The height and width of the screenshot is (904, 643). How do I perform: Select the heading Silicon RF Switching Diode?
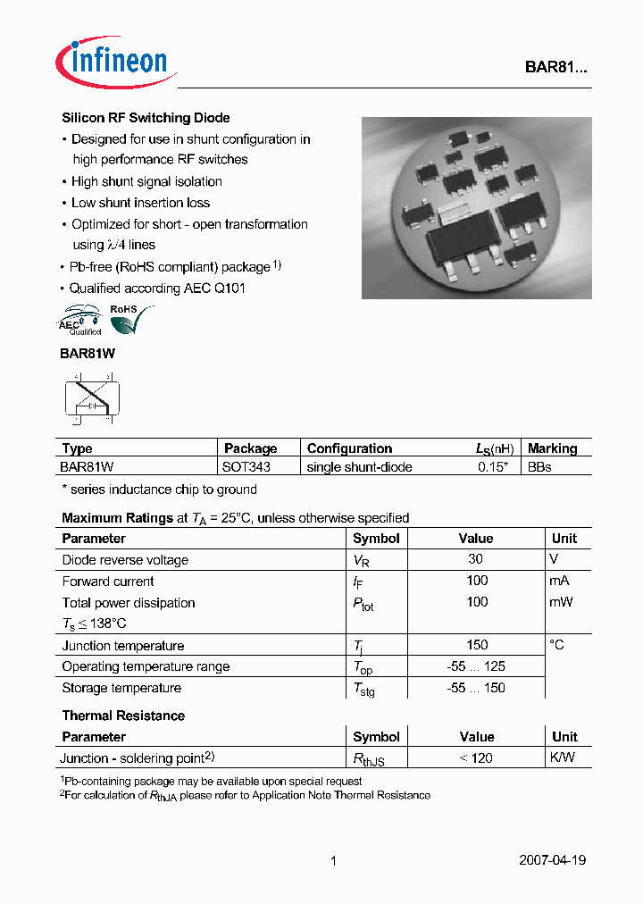coord(146,118)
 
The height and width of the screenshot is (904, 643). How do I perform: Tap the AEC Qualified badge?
coord(80,321)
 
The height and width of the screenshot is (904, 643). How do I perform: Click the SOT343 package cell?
coord(246,467)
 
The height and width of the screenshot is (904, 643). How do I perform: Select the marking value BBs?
coord(539,467)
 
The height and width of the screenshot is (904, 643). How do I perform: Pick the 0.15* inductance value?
coord(494,467)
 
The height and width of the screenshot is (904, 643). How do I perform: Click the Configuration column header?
coord(349,448)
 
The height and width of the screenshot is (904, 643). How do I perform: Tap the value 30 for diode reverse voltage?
coord(475,559)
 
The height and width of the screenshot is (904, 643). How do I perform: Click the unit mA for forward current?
coord(560,581)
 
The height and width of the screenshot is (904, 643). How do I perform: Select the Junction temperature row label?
coord(123,646)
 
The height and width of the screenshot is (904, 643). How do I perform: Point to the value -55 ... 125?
coord(476,666)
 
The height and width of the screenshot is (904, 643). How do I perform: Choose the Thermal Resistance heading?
coord(123,716)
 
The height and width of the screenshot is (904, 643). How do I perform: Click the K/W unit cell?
coord(564,758)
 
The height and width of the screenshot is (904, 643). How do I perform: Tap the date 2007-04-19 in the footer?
coord(552,860)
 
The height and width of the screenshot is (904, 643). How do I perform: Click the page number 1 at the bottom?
coord(333,861)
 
